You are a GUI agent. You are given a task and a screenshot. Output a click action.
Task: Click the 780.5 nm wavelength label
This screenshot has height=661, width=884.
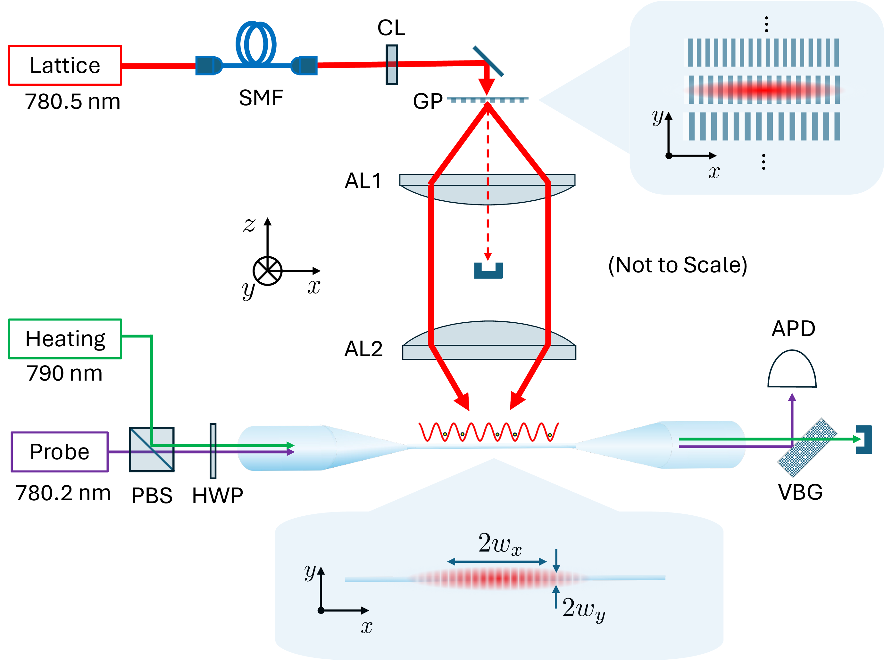[72, 101]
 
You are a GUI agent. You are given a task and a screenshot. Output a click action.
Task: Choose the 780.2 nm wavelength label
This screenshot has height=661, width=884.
[63, 493]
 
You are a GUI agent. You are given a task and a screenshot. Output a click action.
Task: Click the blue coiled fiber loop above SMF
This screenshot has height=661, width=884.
[256, 43]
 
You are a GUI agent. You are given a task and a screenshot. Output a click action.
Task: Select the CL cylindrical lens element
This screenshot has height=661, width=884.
[392, 65]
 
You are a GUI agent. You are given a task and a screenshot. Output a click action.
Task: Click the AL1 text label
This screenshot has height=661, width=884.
[363, 181]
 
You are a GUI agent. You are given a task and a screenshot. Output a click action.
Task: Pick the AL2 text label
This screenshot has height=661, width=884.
[363, 349]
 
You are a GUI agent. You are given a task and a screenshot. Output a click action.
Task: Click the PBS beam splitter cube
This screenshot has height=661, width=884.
[152, 449]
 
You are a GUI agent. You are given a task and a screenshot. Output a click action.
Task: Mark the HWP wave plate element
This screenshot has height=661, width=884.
[213, 451]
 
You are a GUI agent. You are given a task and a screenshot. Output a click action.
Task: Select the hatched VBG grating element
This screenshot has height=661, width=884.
[806, 448]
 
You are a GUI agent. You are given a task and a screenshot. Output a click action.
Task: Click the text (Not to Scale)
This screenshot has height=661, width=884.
[677, 265]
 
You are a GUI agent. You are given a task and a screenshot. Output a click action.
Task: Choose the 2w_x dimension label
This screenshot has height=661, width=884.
[500, 544]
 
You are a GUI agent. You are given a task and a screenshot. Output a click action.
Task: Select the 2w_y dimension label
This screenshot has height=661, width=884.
[583, 609]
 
